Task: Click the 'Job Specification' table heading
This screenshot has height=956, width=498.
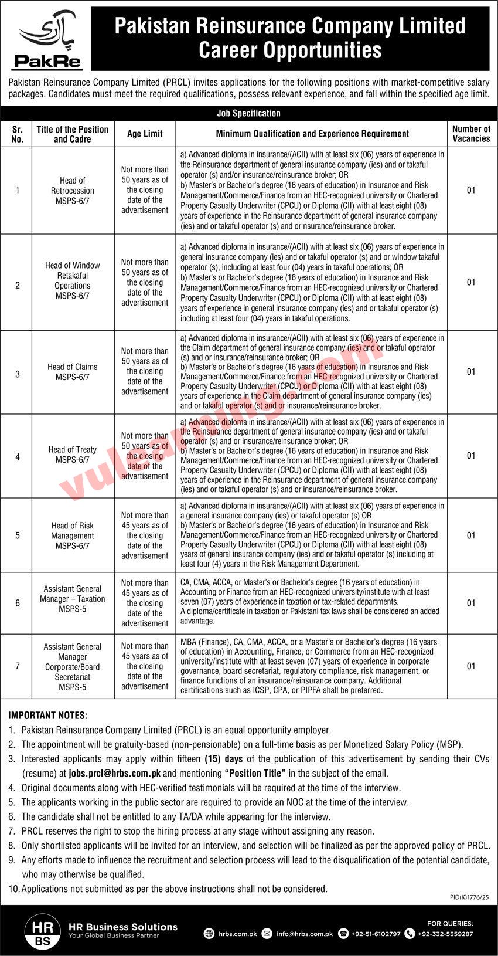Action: (x=248, y=113)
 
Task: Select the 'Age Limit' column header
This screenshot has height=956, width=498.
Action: (x=145, y=134)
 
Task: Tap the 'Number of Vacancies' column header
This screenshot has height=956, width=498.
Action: (x=471, y=134)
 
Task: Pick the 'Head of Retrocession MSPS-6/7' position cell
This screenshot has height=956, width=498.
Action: (x=73, y=191)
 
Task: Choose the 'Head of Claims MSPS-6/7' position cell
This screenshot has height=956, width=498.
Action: (x=73, y=372)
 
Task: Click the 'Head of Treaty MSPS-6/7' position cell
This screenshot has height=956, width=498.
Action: (x=73, y=455)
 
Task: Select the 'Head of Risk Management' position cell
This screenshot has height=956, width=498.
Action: (x=73, y=535)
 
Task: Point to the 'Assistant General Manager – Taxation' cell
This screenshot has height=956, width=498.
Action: (x=73, y=599)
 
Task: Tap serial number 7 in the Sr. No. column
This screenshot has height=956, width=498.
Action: (x=18, y=666)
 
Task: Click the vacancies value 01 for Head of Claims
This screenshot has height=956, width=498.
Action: (x=471, y=372)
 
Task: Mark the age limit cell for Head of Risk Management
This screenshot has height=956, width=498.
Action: (x=145, y=535)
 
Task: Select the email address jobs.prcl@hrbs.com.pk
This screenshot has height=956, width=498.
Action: (x=115, y=774)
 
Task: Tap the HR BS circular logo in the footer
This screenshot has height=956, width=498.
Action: (x=42, y=931)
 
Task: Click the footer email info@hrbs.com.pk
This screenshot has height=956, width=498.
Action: (x=305, y=934)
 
